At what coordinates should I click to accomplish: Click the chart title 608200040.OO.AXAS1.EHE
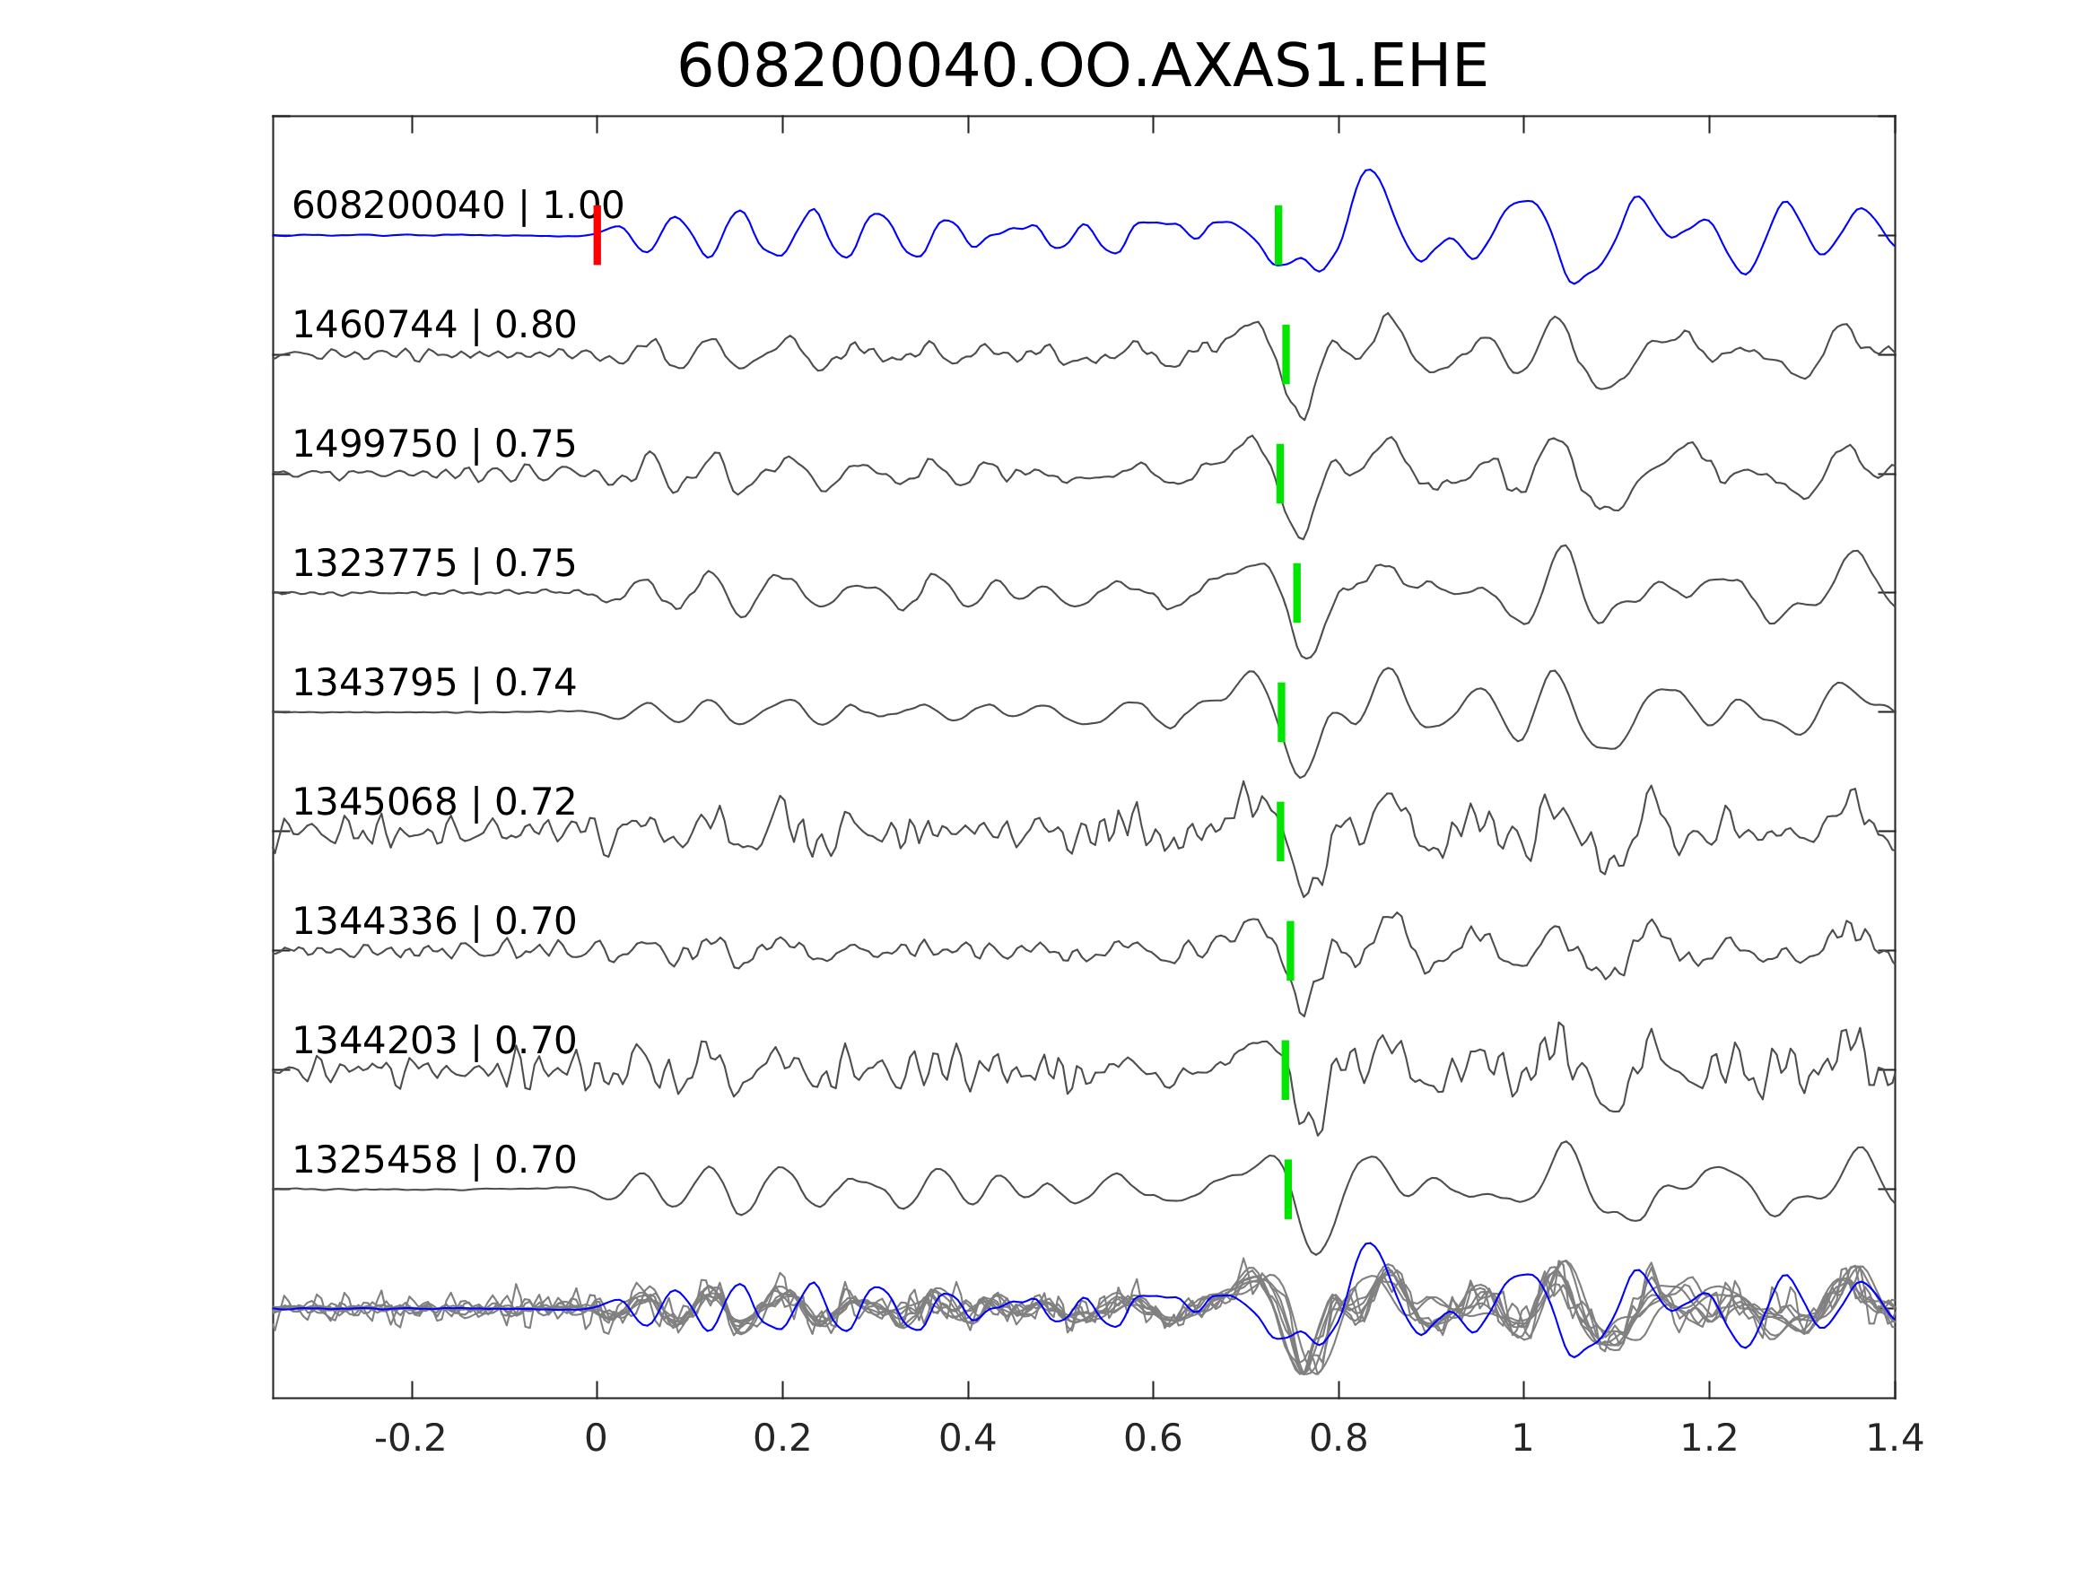click(1083, 67)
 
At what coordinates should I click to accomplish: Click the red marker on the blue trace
click(597, 235)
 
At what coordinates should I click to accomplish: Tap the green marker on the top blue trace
click(1278, 235)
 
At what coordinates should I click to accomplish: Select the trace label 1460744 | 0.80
click(434, 325)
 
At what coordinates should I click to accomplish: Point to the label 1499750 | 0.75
click(434, 444)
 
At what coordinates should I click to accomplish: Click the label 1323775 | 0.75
click(434, 563)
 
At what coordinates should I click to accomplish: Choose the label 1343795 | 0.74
click(434, 683)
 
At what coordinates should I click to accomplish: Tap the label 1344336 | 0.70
click(434, 920)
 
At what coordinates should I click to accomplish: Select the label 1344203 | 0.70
click(434, 1040)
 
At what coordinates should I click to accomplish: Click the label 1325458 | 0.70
click(434, 1159)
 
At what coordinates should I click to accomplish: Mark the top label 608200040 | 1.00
click(458, 205)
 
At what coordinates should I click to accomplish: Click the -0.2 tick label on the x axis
click(411, 1439)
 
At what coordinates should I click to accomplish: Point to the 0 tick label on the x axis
click(596, 1439)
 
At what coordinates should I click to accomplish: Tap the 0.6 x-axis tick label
click(1153, 1439)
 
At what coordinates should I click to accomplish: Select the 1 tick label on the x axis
click(1522, 1439)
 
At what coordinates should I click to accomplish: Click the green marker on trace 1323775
click(1297, 592)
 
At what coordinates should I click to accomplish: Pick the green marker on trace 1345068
click(1281, 831)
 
